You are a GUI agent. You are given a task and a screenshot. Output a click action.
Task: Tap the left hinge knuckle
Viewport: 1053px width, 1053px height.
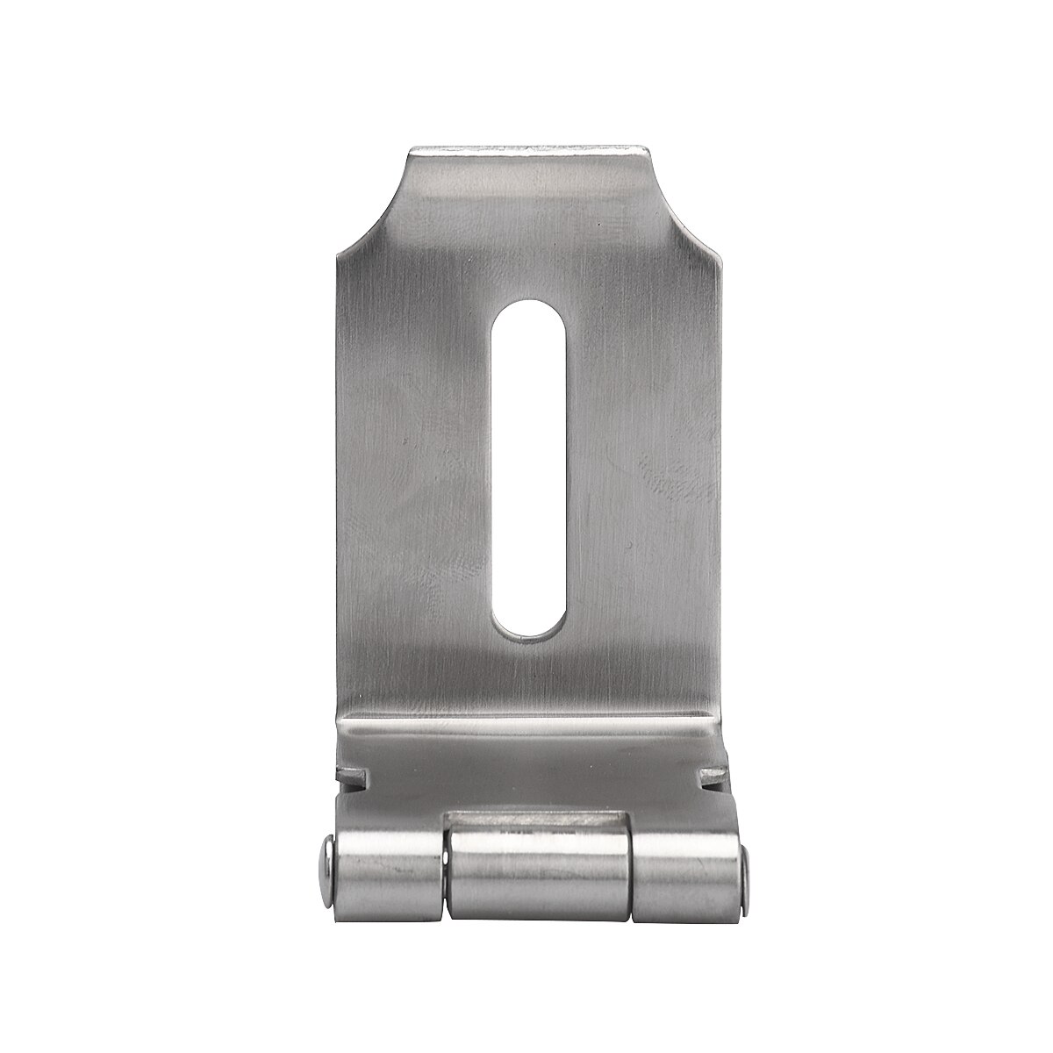point(386,864)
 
